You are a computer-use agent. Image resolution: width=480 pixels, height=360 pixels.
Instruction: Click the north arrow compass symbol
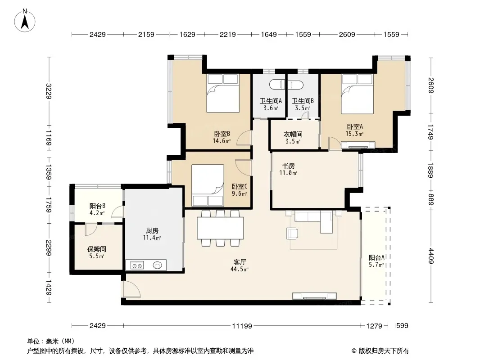coord(25,21)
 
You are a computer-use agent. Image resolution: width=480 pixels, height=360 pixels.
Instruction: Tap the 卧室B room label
coord(222,134)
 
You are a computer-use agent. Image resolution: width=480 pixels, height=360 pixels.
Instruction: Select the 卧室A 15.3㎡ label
coord(355,130)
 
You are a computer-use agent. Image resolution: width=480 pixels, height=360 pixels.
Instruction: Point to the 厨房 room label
coord(152,230)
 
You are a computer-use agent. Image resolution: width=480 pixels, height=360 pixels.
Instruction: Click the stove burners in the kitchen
coord(137,265)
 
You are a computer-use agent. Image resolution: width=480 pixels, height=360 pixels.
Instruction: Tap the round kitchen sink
coord(157,265)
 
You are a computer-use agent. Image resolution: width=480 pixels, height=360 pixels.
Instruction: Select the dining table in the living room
coord(220,228)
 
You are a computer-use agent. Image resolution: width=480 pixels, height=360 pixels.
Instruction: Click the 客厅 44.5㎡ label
coord(240,265)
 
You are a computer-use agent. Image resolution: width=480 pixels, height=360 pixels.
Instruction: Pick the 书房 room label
coord(288,166)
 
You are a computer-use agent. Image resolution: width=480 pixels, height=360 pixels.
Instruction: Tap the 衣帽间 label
coord(293,134)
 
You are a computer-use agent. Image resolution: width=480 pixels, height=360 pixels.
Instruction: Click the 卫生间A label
coord(271,101)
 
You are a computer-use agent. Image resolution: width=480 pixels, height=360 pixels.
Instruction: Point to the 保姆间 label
coord(97,249)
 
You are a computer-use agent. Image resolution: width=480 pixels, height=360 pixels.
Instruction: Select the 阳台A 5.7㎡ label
coord(376,261)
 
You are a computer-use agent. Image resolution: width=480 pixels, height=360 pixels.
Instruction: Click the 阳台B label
coord(97,206)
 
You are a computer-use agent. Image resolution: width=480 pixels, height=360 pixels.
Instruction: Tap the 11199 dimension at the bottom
coord(242,326)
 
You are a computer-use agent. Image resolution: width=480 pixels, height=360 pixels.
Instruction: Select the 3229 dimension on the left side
coord(48,91)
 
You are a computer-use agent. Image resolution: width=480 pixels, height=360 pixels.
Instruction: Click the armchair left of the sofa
coord(292,234)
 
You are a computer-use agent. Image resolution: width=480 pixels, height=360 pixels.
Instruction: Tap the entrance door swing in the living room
coord(131,289)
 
